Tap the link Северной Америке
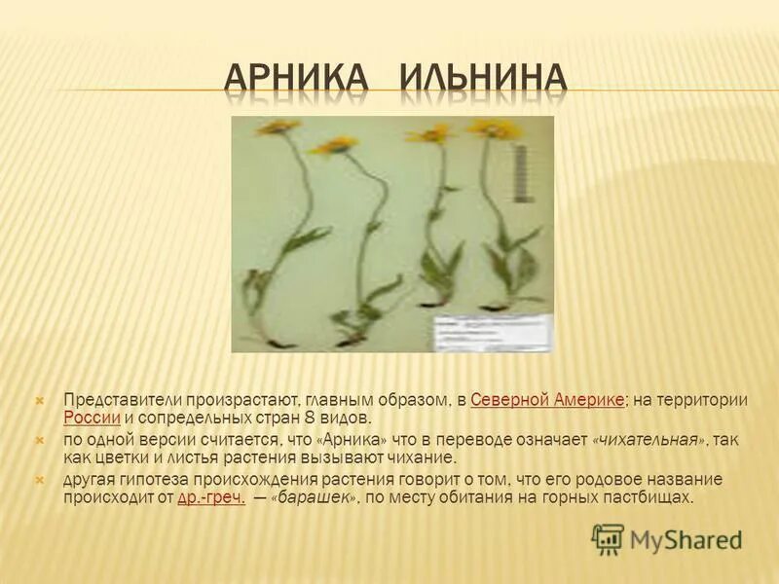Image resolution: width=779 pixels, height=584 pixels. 546,400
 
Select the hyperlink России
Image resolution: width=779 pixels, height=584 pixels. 92,418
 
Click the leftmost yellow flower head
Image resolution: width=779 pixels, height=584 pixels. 278,127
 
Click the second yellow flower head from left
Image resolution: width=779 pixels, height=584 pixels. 333,146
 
